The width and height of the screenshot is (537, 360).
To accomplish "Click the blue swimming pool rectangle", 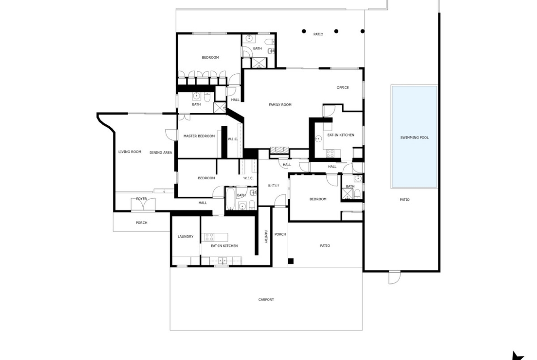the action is (414, 137).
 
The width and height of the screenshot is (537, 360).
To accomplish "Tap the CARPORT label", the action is (266, 300).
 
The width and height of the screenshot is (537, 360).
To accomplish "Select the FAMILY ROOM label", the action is (280, 105).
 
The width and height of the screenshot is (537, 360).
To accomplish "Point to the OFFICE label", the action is (342, 88).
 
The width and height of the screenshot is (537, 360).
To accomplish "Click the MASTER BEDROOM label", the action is (199, 136).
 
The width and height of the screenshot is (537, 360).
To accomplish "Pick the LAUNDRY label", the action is (185, 237).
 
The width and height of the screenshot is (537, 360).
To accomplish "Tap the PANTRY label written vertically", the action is (266, 237).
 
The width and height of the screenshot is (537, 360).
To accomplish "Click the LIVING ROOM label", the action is (130, 152).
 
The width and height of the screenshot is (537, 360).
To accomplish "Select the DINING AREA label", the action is (161, 153).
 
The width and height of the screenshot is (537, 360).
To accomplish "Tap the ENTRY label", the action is (274, 186).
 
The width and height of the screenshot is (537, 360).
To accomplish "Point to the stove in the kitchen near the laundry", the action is (209, 237).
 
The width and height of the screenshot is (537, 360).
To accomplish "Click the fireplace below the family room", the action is (280, 150).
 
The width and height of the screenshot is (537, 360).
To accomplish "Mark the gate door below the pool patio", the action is (395, 277).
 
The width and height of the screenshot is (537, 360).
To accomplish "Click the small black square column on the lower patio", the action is (291, 261).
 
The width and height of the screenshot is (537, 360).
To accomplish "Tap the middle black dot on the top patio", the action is (336, 31).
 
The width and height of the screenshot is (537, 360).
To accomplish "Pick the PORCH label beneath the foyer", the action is (141, 223).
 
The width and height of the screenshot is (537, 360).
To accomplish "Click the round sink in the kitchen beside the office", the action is (318, 138).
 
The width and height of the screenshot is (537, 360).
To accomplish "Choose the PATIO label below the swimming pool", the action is (404, 200).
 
